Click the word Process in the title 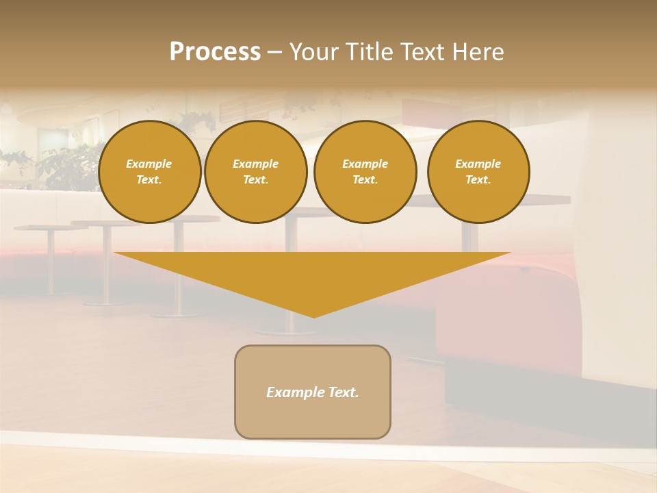(215, 52)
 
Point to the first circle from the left (150, 172)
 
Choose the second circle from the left (256, 172)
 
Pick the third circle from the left (365, 172)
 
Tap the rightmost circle (478, 172)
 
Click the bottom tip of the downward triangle (313, 316)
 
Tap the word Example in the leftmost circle (149, 164)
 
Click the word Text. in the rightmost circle (478, 180)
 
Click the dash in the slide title (274, 52)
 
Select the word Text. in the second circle (256, 180)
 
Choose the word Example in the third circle (365, 164)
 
